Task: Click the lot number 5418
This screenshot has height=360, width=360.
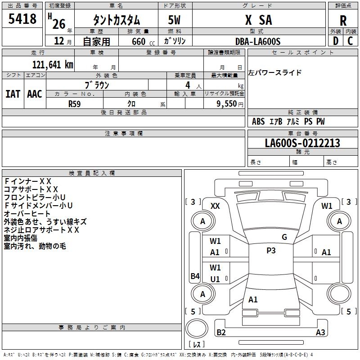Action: click(x=23, y=19)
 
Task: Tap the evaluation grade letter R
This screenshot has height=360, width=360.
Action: click(x=343, y=21)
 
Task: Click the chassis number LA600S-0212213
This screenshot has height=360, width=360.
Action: click(x=302, y=143)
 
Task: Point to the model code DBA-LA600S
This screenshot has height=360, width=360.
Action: click(x=258, y=41)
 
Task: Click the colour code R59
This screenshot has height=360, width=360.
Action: click(x=75, y=103)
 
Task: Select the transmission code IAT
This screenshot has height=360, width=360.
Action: click(x=13, y=94)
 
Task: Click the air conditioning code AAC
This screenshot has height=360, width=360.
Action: click(x=34, y=94)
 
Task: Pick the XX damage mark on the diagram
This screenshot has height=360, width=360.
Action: click(x=215, y=206)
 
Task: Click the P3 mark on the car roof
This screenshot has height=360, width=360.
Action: click(x=271, y=251)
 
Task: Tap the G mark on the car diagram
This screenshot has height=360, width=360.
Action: click(x=284, y=237)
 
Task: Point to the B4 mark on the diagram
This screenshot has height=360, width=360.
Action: click(x=195, y=276)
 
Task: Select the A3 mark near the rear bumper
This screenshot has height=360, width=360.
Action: click(x=320, y=333)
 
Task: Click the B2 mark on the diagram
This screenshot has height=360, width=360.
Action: click(x=221, y=333)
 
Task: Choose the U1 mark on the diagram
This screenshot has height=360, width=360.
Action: click(x=215, y=279)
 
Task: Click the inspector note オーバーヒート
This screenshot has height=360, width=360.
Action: click(x=27, y=214)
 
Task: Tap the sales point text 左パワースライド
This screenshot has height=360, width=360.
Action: click(x=275, y=73)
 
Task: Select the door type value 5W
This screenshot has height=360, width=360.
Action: click(x=175, y=21)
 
